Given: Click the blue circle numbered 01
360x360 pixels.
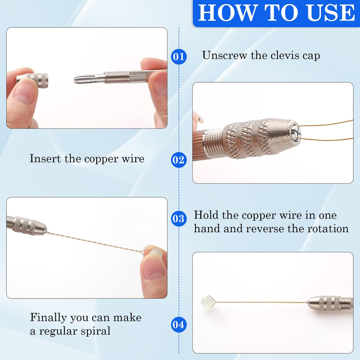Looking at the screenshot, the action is coord(179,56).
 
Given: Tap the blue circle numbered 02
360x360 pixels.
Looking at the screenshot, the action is coord(179,160).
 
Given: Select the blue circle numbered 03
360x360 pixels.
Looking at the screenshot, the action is coord(179,218).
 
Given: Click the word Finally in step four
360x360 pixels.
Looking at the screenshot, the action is coord(48,318).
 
